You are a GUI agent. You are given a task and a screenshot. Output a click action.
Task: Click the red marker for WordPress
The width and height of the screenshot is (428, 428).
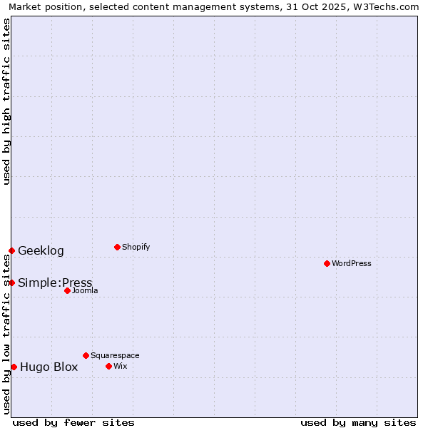click(x=327, y=263)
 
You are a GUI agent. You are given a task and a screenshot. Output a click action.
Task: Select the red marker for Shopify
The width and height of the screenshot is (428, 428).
click(x=117, y=247)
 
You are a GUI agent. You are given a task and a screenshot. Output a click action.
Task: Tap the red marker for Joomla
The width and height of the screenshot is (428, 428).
click(x=67, y=290)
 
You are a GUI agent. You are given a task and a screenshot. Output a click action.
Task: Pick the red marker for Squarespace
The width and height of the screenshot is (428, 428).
click(x=86, y=355)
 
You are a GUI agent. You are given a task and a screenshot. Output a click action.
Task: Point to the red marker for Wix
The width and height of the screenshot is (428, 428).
click(x=108, y=366)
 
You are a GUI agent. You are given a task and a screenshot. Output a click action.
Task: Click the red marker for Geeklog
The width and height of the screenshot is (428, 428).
click(x=11, y=250)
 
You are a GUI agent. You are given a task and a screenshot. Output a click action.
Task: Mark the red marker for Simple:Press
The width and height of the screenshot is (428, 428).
click(x=11, y=282)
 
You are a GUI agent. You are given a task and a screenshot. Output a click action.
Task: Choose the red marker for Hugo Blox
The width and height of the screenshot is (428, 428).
click(x=14, y=367)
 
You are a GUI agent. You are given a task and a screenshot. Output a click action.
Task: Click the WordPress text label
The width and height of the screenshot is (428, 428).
click(x=352, y=263)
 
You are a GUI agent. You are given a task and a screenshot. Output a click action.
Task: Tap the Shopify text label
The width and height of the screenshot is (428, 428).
click(x=136, y=247)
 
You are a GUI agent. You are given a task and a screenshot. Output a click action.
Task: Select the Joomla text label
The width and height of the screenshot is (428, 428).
click(x=85, y=290)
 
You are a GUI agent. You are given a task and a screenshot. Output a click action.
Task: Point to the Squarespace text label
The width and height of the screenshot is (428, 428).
click(x=115, y=355)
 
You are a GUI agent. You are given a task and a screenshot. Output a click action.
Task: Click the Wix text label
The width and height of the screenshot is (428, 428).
click(x=120, y=366)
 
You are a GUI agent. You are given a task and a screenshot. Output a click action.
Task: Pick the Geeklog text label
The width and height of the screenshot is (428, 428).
click(x=41, y=250)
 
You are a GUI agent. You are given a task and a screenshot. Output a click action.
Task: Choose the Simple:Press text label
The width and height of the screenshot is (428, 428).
click(x=55, y=282)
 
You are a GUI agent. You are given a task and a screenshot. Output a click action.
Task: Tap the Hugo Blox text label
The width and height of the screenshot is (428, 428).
click(x=49, y=367)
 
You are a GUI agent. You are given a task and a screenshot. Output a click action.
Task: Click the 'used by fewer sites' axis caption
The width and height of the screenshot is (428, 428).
click(x=73, y=422)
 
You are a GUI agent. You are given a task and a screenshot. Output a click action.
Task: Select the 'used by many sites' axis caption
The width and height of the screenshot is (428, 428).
click(x=358, y=422)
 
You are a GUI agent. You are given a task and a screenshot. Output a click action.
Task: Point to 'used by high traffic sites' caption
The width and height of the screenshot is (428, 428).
click(x=6, y=101)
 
